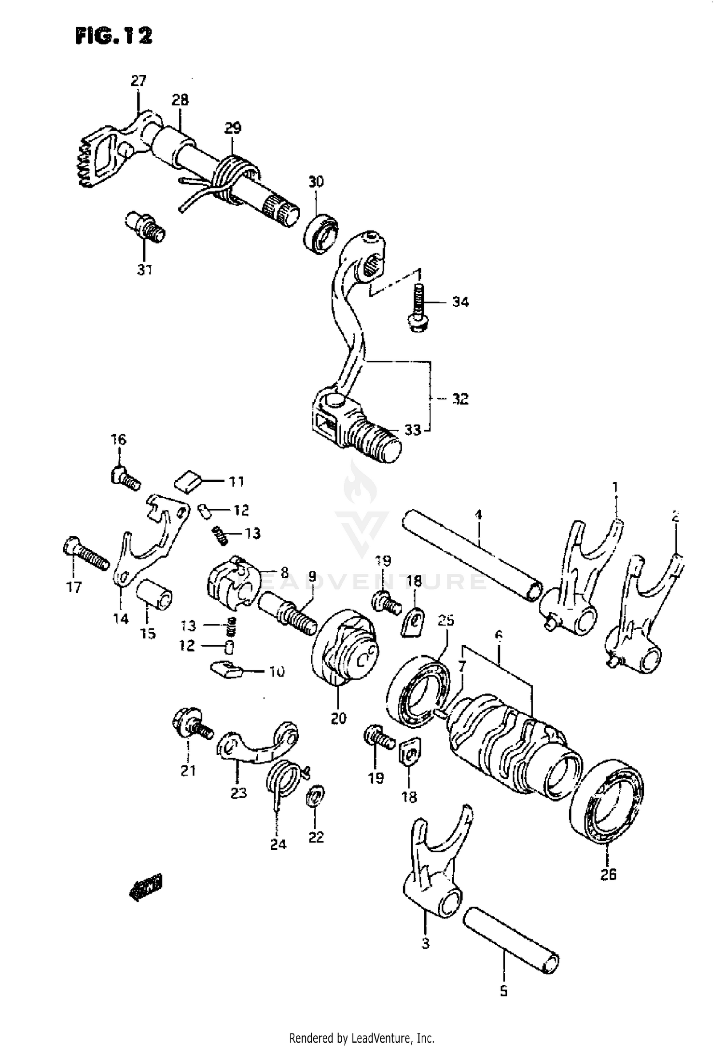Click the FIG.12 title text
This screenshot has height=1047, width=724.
pos(114,36)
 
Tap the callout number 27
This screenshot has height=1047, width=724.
pos(138,81)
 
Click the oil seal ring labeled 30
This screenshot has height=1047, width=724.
pos(320,235)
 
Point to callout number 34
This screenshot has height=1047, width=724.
pos(460,302)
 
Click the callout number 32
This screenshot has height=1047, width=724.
pos(460,399)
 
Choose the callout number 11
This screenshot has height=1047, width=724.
pos(236,481)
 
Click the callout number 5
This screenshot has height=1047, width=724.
pos(503,991)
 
